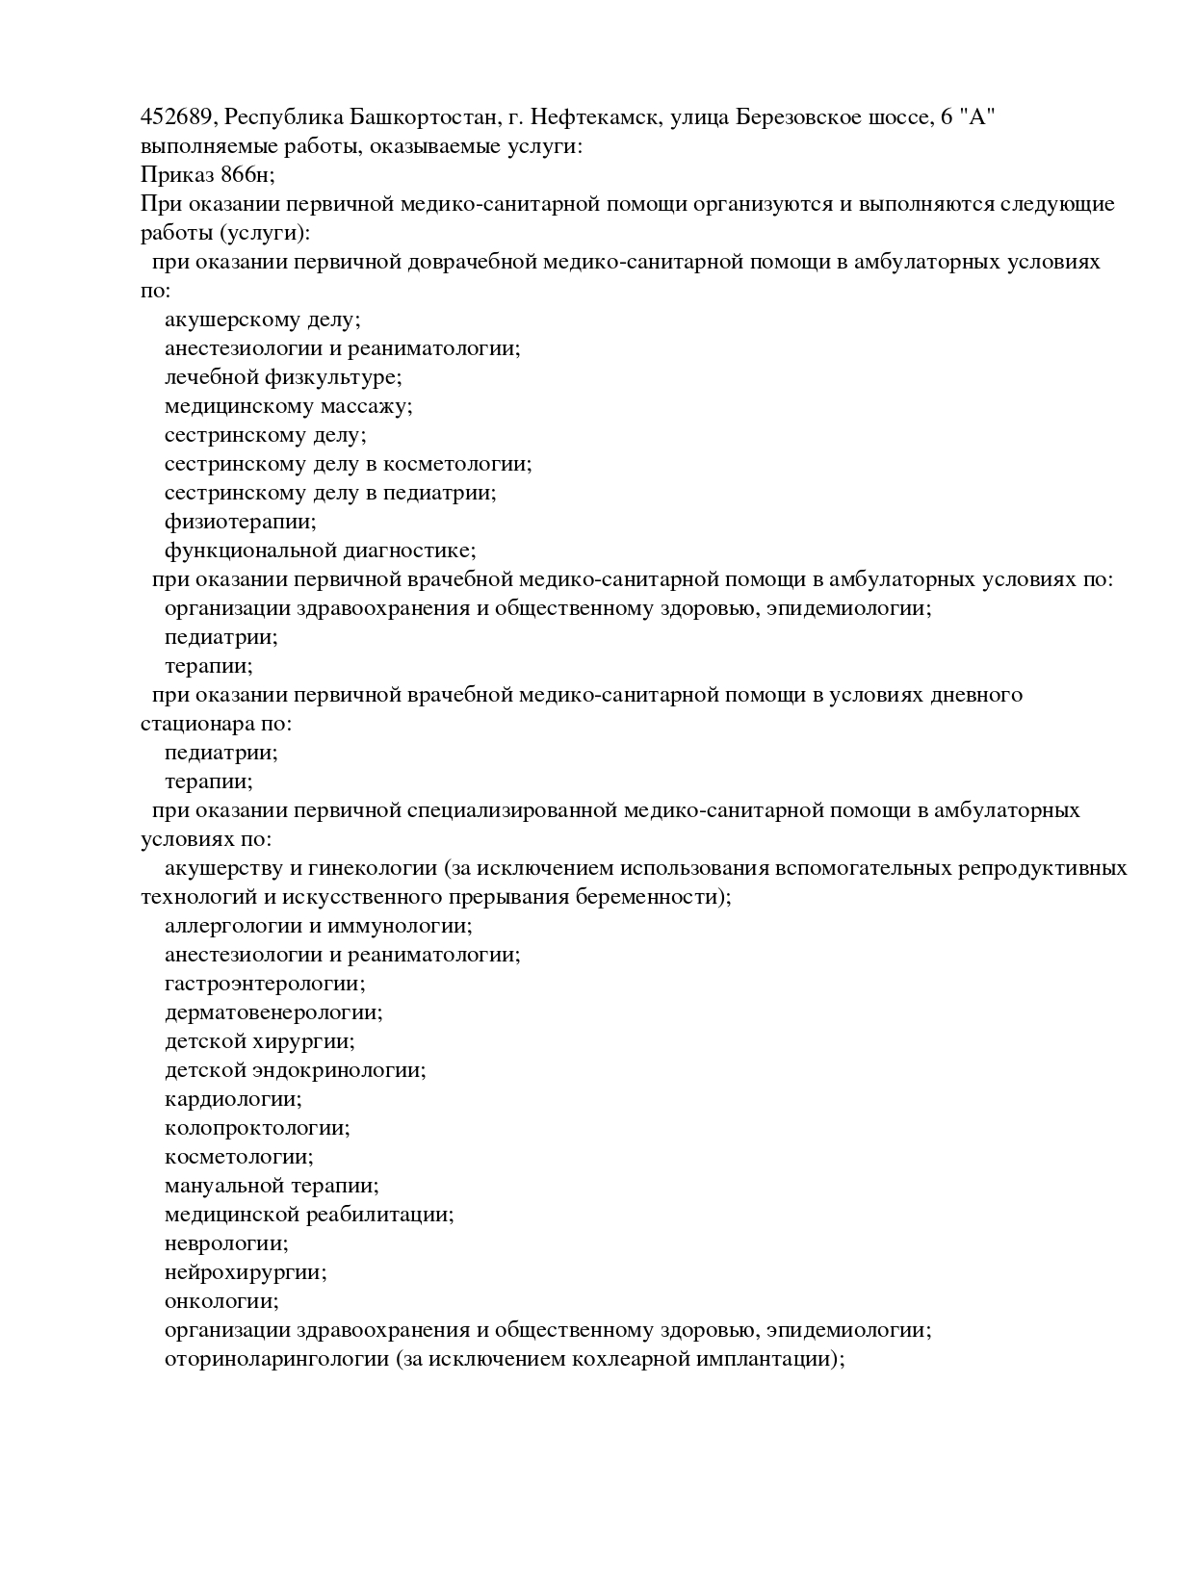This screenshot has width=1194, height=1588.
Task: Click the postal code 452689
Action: click(x=178, y=117)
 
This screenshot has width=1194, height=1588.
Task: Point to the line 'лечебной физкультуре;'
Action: click(x=283, y=377)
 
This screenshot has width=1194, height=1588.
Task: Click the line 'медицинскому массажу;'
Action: click(x=288, y=406)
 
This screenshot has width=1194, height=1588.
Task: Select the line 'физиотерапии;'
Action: click(x=240, y=522)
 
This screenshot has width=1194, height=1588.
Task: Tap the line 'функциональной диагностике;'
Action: click(x=320, y=551)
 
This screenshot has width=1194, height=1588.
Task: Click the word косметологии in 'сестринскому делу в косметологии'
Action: click(x=456, y=464)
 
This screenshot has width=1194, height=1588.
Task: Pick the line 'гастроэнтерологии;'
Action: click(x=265, y=984)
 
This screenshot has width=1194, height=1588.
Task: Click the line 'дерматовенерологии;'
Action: click(x=273, y=1012)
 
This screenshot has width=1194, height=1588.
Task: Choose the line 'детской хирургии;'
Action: click(x=259, y=1041)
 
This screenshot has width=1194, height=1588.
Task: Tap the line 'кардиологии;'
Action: click(x=233, y=1099)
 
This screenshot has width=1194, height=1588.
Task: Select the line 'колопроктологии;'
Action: click(x=257, y=1128)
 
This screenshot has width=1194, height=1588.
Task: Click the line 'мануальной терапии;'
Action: click(x=272, y=1186)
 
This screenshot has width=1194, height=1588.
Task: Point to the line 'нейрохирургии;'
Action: click(x=246, y=1272)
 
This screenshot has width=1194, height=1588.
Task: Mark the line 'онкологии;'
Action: click(x=221, y=1301)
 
